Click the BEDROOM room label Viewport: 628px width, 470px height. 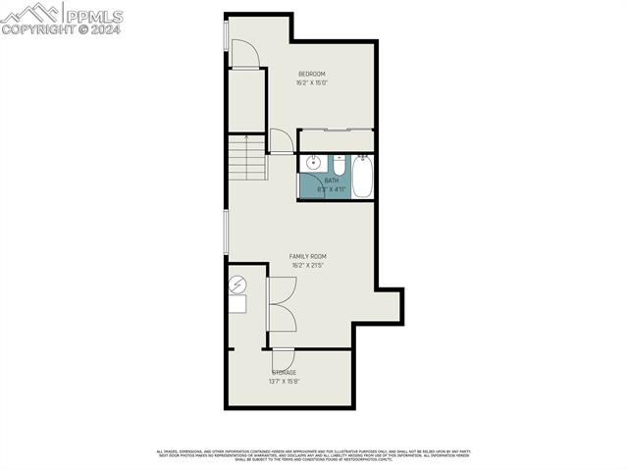click(312, 74)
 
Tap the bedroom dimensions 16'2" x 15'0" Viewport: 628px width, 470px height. click(312, 82)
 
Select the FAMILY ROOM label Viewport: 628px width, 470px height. click(307, 256)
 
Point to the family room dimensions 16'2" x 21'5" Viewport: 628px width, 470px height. click(307, 265)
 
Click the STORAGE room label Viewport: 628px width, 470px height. click(284, 373)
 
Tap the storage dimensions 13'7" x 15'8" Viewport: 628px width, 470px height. click(284, 382)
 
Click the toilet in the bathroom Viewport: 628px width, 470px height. click(340, 166)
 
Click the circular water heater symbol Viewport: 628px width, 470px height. click(237, 287)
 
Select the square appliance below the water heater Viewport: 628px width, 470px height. click(237, 304)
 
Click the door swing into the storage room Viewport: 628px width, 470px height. click(283, 358)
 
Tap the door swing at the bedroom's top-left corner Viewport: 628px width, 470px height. click(245, 55)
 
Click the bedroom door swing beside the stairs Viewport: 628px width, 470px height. click(281, 141)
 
